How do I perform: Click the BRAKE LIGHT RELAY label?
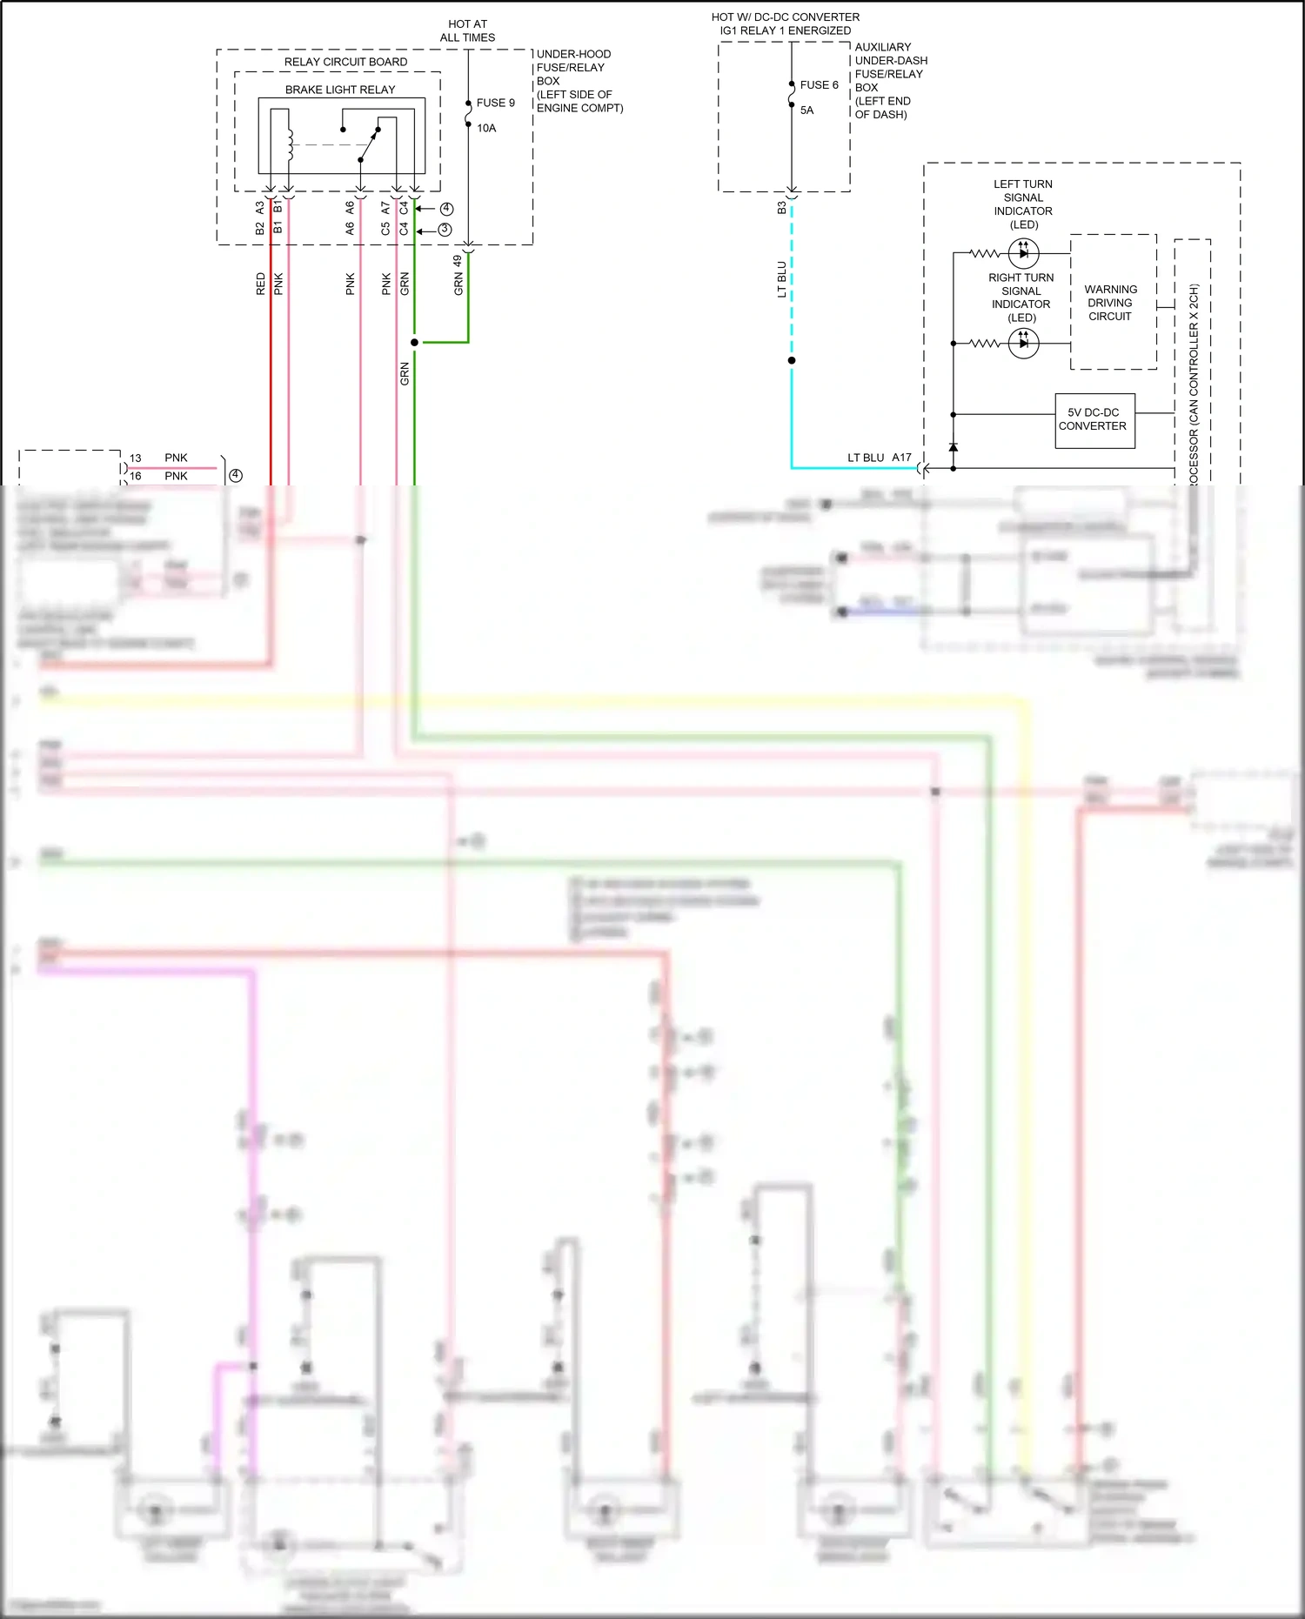pos(340,90)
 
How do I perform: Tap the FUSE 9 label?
pos(495,103)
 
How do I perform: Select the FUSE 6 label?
pos(819,84)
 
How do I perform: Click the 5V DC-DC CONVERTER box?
pos(1094,420)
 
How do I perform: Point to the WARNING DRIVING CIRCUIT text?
pos(1110,302)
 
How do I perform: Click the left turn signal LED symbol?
pos(1023,253)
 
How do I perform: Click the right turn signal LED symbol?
pos(1023,344)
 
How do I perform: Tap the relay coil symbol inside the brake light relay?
pos(291,144)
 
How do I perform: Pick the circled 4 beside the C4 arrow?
pos(446,209)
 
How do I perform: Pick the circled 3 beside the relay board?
pos(445,230)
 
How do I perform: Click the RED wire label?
pos(260,284)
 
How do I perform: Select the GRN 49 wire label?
pos(458,275)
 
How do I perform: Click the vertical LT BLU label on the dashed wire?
pos(781,279)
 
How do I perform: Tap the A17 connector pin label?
pos(901,458)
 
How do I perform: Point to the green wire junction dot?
pos(414,342)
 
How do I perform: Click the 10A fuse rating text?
pos(486,128)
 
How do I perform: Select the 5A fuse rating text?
pos(806,110)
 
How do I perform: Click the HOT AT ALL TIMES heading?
pos(467,30)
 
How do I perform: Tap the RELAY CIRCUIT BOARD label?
pos(345,62)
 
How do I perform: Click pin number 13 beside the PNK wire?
pos(135,458)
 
